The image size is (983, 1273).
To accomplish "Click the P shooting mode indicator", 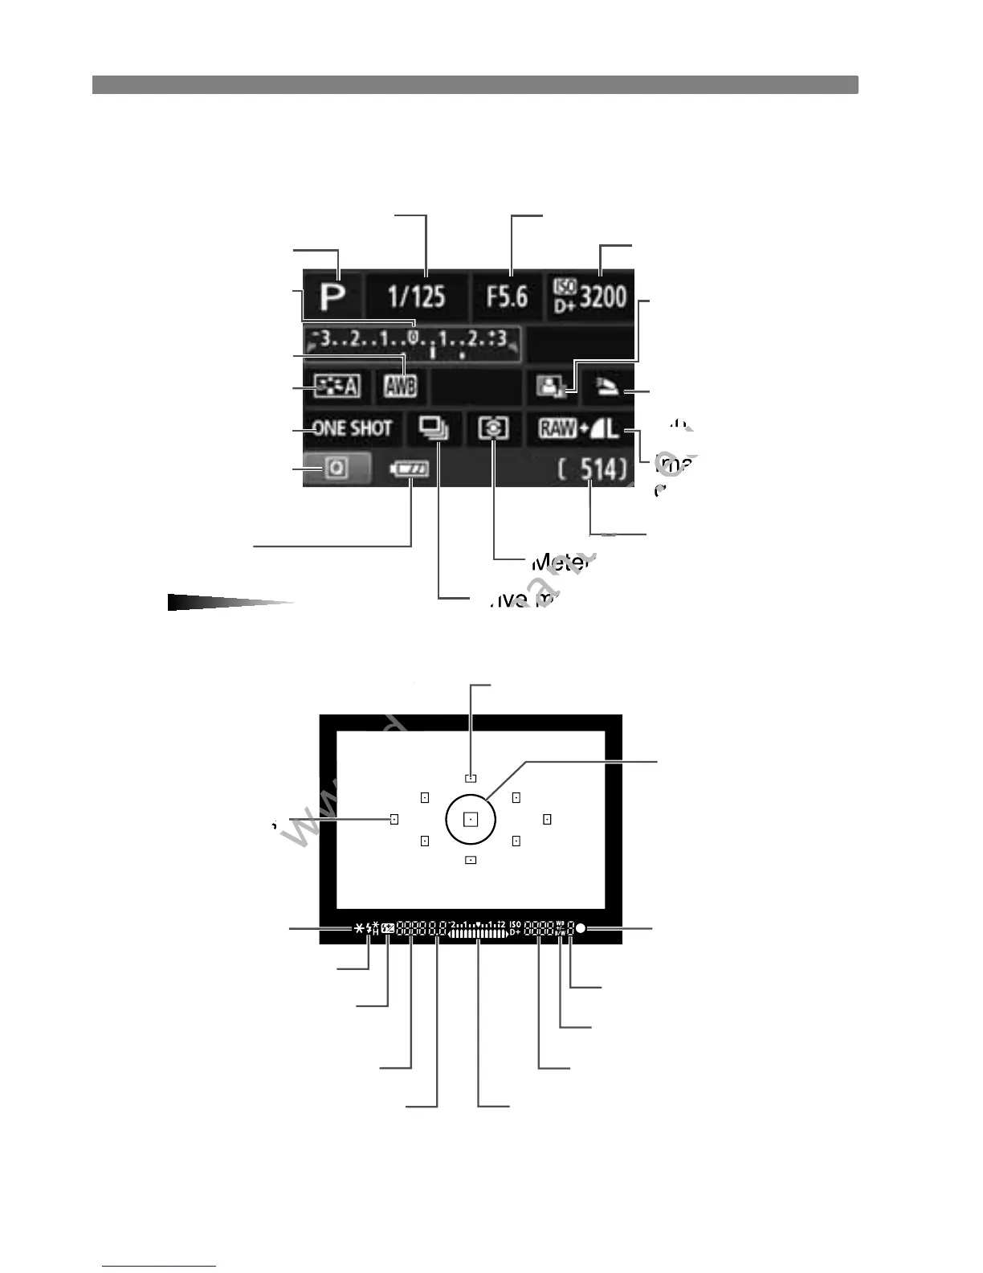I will pos(332,297).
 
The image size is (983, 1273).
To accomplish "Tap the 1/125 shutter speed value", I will pos(416,297).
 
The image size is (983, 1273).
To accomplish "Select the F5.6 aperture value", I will pos(507,297).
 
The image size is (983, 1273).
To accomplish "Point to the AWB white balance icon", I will pos(400,387).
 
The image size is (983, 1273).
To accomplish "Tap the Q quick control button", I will pos(337,469).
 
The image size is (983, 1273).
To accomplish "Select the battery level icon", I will pos(409,469).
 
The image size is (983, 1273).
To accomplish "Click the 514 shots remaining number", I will pos(593,469).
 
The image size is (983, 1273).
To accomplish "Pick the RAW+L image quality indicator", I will pos(579,428).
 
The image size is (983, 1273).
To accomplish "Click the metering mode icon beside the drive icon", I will pos(493,428).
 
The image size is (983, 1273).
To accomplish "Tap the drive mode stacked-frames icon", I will pos(434,428).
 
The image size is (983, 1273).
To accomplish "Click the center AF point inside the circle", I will pos(471,819).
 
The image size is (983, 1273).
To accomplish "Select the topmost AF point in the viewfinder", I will pos(471,778).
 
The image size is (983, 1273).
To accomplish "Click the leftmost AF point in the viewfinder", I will pos(394,819).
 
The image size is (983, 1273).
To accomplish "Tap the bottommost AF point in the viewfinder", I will pos(471,860).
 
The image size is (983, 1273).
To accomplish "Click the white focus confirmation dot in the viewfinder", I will pos(580,929).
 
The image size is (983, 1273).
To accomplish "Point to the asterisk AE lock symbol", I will pos(358,929).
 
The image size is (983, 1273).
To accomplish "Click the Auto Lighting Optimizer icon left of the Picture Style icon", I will pos(552,387).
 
